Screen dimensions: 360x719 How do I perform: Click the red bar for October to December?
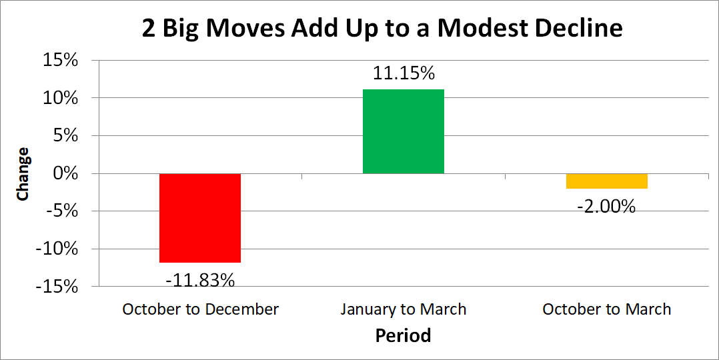200,218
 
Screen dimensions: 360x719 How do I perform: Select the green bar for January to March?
403,131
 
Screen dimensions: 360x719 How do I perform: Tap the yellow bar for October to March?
606,181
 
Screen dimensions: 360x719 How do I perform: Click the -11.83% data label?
200,280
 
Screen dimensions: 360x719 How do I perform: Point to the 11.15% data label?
403,73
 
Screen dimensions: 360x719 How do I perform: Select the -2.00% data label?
606,207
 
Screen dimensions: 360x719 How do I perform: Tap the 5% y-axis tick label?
65,136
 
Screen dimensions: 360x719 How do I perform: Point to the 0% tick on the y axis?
65,173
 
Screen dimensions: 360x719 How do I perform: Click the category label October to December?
200,309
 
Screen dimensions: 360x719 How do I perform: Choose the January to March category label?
403,309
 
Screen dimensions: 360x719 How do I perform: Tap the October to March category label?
606,309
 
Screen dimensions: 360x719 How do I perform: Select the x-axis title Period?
403,335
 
